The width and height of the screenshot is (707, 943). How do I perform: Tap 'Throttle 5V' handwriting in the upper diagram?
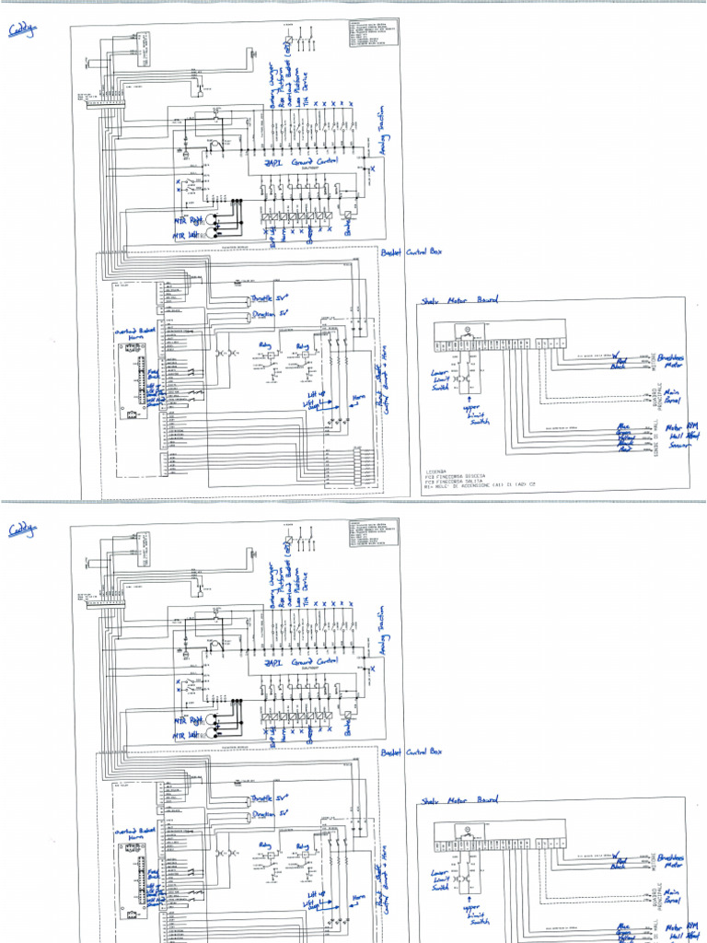click(x=270, y=297)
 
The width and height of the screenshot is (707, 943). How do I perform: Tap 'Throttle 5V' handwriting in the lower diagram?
click(x=270, y=796)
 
